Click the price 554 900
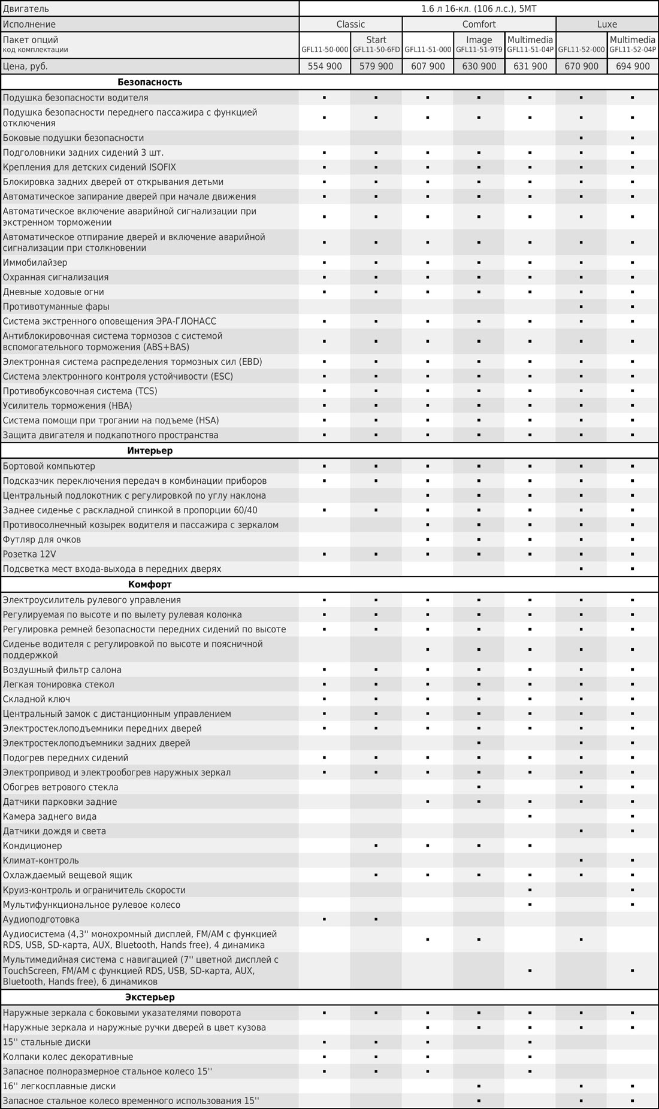click(x=325, y=66)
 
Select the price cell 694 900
click(x=633, y=66)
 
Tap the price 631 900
click(x=530, y=66)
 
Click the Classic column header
click(x=350, y=25)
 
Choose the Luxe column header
click(x=607, y=25)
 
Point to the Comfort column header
click(x=479, y=25)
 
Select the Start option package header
click(x=376, y=40)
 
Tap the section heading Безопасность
click(x=150, y=82)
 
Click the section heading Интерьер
click(x=150, y=451)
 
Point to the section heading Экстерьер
click(x=150, y=998)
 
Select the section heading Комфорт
click(x=150, y=584)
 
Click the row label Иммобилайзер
click(x=35, y=263)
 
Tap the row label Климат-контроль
click(x=41, y=860)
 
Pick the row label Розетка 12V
click(x=29, y=554)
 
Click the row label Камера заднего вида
click(x=50, y=817)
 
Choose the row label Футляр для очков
click(x=42, y=540)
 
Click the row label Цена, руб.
click(x=25, y=66)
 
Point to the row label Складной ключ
click(x=37, y=699)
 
